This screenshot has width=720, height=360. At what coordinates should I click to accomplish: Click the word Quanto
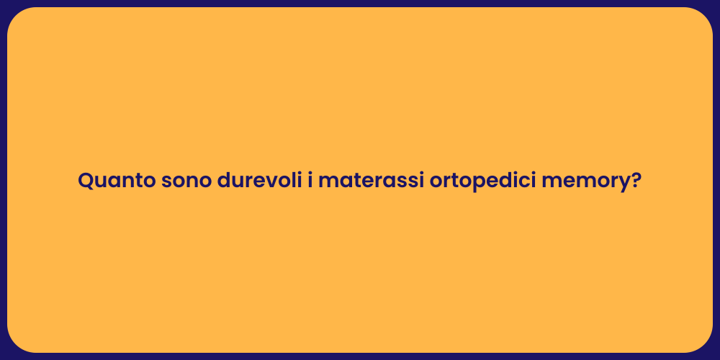pos(116,181)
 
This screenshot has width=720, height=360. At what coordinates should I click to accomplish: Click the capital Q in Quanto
pos(86,181)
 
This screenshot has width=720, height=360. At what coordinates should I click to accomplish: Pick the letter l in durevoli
pos(289,180)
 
